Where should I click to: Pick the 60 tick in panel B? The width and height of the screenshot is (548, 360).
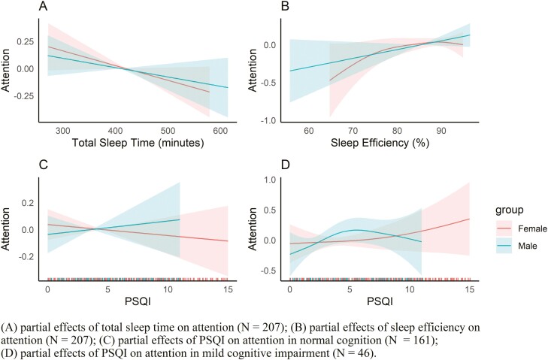click(x=307, y=129)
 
